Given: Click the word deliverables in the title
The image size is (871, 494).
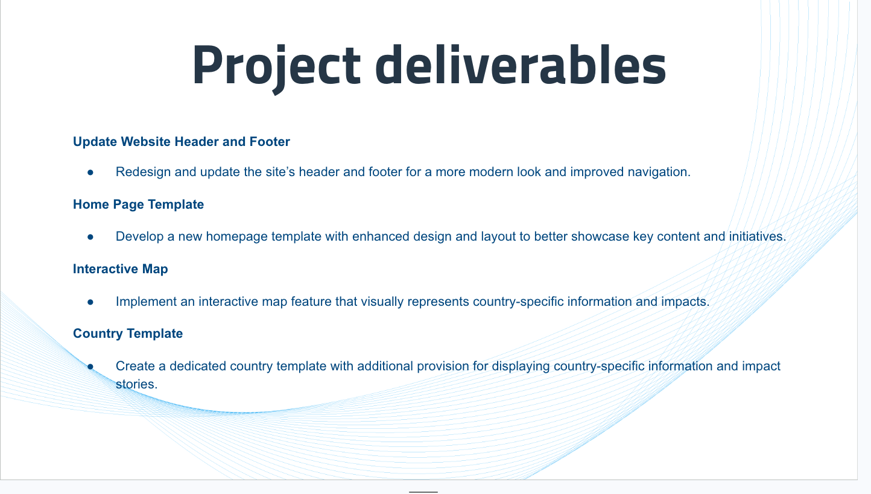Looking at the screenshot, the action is [521, 64].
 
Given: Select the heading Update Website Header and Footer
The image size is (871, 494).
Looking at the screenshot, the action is [181, 142].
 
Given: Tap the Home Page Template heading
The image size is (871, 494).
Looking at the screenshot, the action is [138, 204].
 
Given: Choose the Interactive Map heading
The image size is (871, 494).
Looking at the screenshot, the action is [121, 269].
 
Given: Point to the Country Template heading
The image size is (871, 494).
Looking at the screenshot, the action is [128, 334].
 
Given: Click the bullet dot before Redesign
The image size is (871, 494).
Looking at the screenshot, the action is [90, 173].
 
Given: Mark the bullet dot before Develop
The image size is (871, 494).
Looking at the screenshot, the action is [90, 237].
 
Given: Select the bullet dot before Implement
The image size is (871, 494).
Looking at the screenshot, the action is [90, 302].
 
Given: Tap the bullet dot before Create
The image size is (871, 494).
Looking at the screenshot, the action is [90, 366].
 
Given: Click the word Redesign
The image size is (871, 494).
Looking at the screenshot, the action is [143, 173].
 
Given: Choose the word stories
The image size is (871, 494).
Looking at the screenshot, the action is [136, 384].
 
